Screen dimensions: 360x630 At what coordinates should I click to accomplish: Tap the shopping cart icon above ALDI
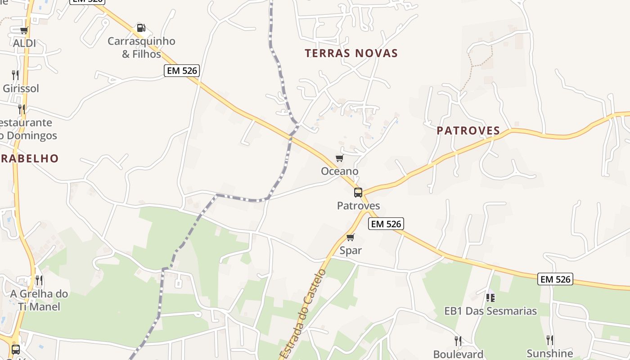24,30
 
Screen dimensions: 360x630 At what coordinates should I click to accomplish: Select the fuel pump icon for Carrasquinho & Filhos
141,28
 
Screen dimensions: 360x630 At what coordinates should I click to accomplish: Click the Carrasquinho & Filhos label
141,47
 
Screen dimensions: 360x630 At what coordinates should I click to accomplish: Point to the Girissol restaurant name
21,88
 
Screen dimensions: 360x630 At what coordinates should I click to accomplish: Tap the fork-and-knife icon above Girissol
15,75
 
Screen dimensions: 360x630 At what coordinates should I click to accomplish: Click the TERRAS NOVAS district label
351,53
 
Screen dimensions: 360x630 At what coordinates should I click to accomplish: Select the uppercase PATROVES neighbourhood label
468,130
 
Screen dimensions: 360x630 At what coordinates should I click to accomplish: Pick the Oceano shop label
339,171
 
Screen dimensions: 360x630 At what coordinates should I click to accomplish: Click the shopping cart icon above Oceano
339,158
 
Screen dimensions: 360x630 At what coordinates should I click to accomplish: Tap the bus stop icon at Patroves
358,193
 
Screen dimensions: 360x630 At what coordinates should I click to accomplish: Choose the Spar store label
351,250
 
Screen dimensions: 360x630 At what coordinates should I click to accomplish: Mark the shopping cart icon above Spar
351,237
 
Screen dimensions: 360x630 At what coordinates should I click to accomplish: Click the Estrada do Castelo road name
302,314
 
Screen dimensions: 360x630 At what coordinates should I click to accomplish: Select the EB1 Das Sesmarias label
490,310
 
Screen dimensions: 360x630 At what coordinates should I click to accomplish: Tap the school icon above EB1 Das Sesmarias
490,297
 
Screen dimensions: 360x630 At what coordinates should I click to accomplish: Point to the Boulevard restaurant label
458,354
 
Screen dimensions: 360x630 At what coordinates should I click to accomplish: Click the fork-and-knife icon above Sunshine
549,340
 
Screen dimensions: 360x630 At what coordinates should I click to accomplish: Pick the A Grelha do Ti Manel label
39,300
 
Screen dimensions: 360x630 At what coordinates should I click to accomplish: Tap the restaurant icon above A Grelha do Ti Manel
39,280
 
